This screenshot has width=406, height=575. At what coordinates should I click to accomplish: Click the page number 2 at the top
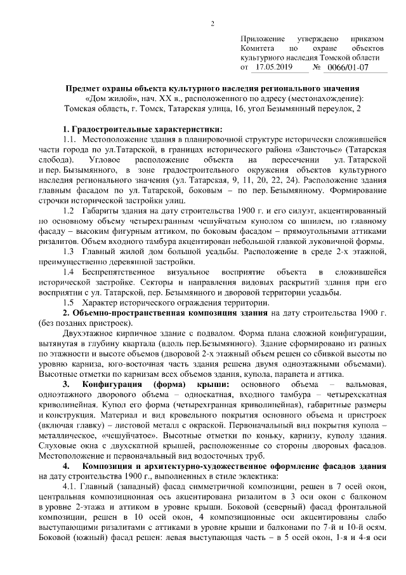coord(213,24)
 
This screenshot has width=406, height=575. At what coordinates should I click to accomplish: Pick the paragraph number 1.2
coord(70,208)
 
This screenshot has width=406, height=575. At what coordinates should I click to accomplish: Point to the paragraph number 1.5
coord(70,302)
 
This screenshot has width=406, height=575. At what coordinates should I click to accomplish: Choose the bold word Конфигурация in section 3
coord(107,386)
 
